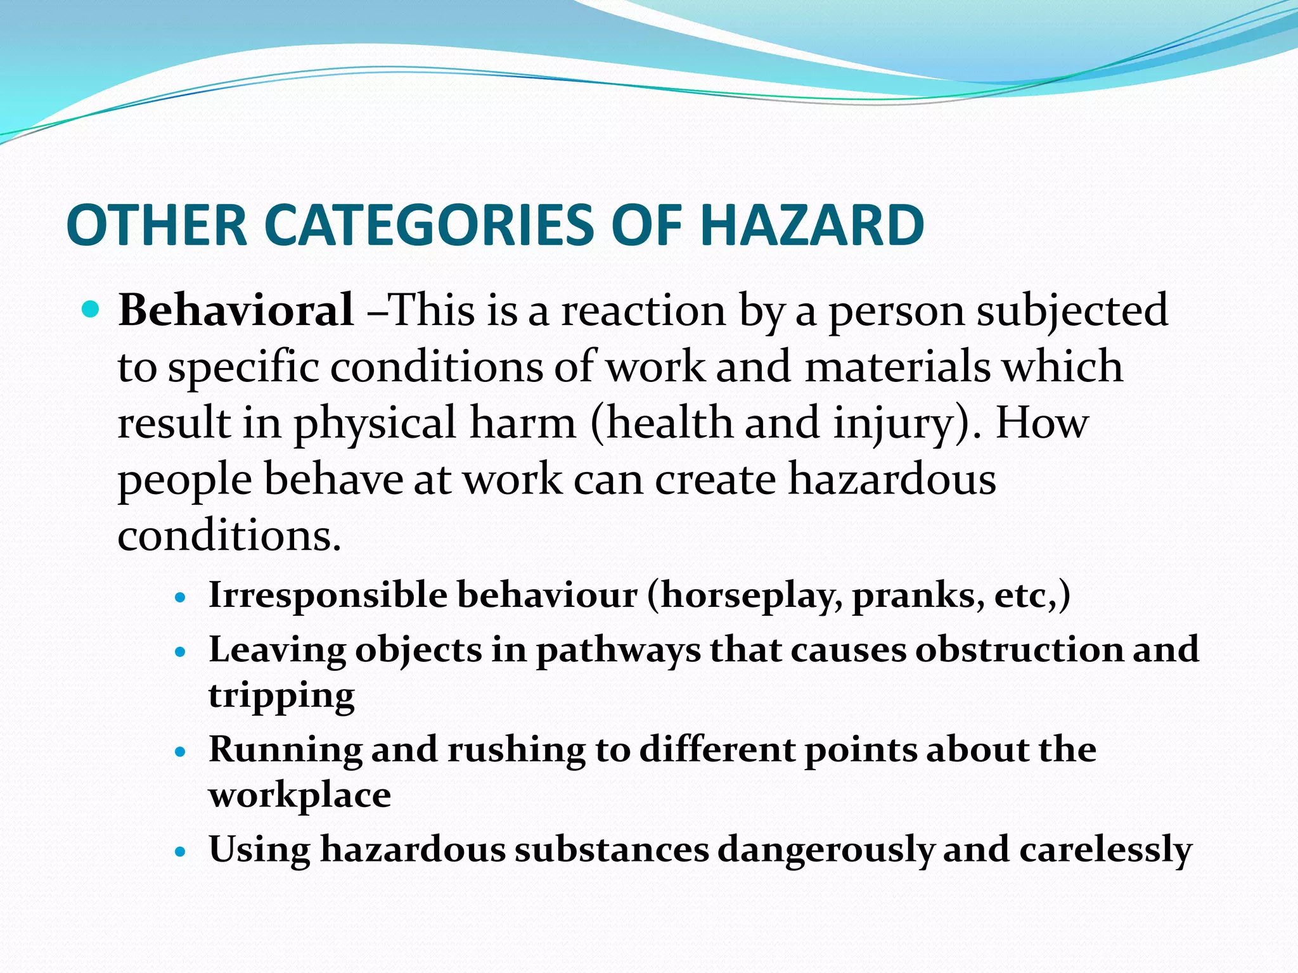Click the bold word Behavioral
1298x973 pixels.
[236, 310]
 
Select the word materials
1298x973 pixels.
[897, 367]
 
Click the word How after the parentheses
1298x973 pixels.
[1041, 423]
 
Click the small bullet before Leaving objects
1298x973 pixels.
[181, 651]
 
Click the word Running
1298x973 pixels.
[285, 751]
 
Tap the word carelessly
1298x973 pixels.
[1105, 849]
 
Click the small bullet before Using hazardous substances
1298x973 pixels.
[181, 851]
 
